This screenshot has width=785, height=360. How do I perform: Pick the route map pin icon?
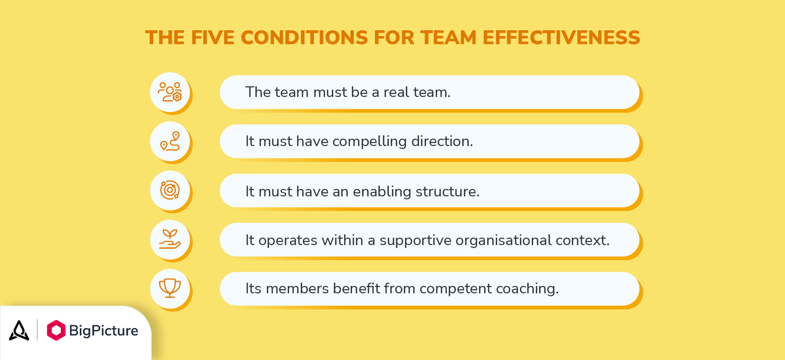(169, 141)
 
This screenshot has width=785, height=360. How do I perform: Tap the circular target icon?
(169, 190)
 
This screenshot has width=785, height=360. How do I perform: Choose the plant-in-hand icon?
(169, 239)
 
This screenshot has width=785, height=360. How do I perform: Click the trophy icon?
(169, 288)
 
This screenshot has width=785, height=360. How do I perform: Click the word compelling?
(362, 141)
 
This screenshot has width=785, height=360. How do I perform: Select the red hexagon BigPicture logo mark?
(58, 331)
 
